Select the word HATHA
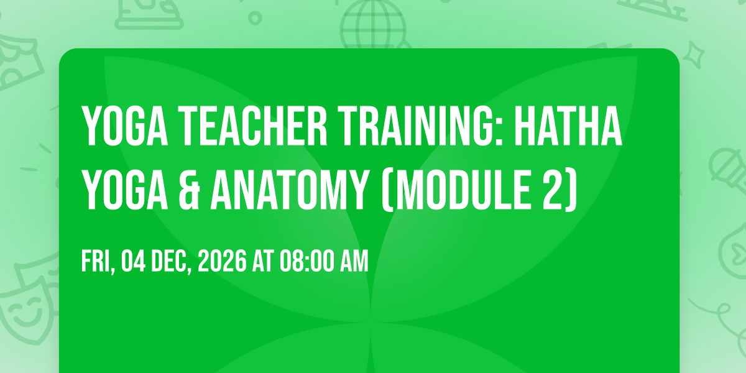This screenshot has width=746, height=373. point(568,126)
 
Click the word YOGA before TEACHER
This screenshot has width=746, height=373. point(125,126)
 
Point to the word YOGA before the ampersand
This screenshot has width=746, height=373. point(125,190)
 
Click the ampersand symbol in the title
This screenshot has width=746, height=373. point(190,190)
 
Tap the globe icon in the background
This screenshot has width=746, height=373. point(373,24)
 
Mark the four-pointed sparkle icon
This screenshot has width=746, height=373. point(693,55)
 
